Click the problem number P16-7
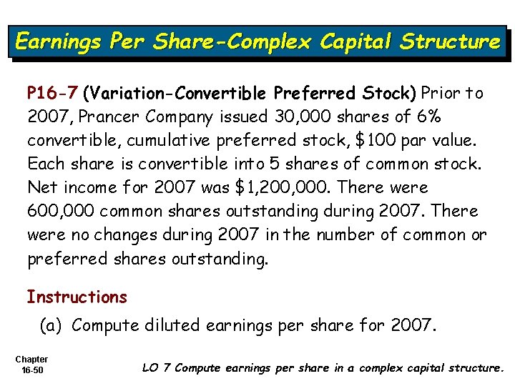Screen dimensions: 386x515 tap(53, 93)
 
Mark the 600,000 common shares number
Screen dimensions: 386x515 tap(62, 211)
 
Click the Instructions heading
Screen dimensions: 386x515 tap(77, 297)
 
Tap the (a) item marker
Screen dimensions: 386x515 tap(51, 325)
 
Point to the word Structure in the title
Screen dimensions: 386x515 tap(451, 41)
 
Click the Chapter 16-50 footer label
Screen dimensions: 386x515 tap(31, 365)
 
